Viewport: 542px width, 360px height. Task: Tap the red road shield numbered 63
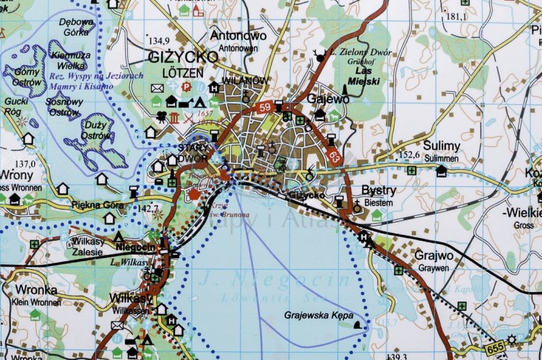point(333,154)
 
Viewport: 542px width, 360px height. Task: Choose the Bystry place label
point(378,190)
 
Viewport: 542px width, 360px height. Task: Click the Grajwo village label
point(434,255)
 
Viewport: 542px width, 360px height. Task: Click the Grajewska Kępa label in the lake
point(316,315)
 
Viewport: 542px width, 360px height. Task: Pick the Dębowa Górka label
point(77,26)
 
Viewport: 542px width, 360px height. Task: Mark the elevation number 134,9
point(158,40)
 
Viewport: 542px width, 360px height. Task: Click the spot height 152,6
point(408,154)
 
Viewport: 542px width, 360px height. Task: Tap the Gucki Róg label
point(15,106)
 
